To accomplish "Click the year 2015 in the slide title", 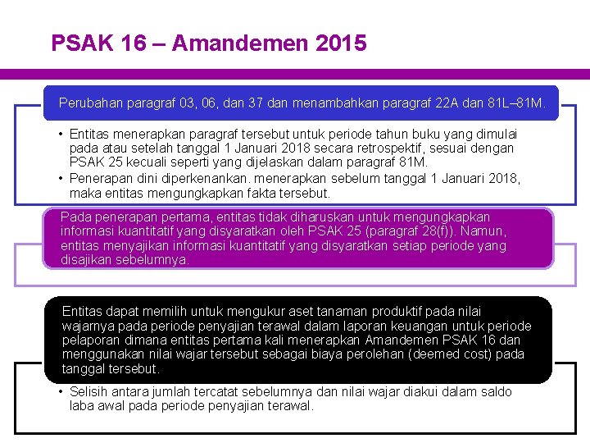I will tap(340, 43).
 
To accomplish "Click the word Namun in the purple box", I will tap(483, 231).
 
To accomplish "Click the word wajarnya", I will tap(88, 326).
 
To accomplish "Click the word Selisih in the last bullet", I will tap(88, 392).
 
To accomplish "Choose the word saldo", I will tap(495, 392).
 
